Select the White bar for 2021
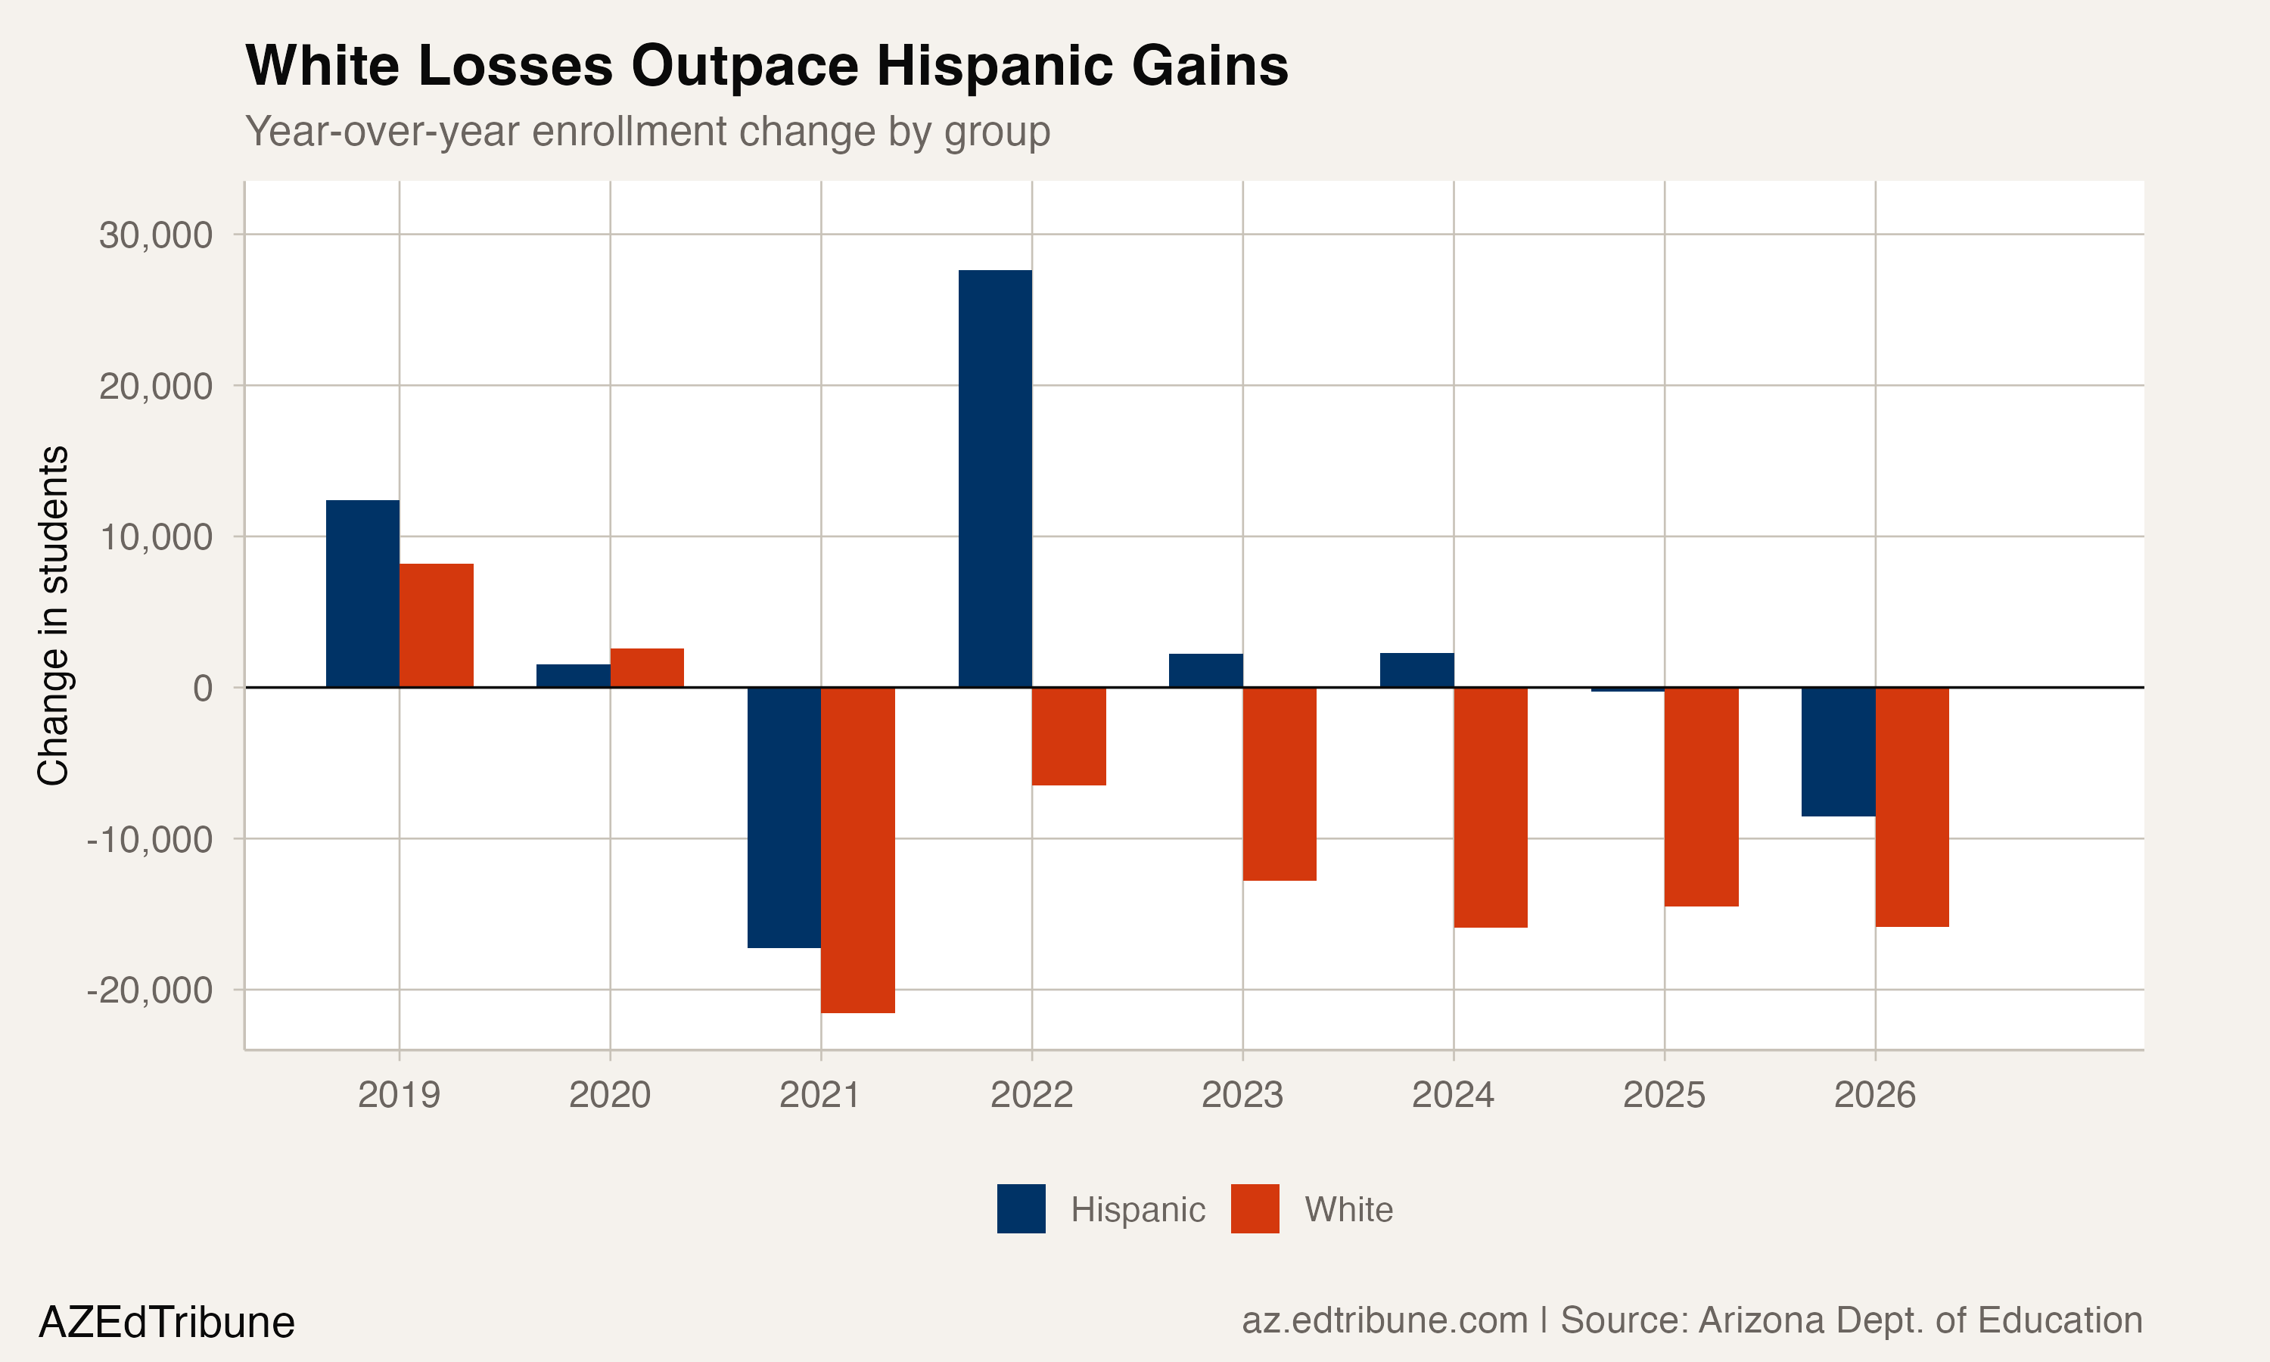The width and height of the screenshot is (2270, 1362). (858, 850)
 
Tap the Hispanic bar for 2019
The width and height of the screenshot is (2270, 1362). (362, 593)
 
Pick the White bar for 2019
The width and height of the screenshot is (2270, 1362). (436, 625)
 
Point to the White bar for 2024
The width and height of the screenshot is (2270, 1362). (1490, 807)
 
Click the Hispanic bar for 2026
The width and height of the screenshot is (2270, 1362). (1838, 751)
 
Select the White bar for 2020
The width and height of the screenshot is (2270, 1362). (647, 667)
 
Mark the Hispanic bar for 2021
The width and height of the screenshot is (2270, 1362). (784, 817)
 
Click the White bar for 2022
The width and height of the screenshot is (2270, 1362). (1069, 736)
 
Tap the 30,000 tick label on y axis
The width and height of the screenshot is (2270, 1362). (156, 235)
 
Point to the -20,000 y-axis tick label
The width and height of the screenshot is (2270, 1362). (150, 990)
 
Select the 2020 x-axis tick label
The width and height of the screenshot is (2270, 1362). (609, 1095)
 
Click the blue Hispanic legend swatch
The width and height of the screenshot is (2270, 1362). (1022, 1208)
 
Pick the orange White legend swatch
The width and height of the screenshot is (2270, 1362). (1255, 1208)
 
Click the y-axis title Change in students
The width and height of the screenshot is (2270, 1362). (53, 615)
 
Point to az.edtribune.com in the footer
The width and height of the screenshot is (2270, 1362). (1384, 1320)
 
